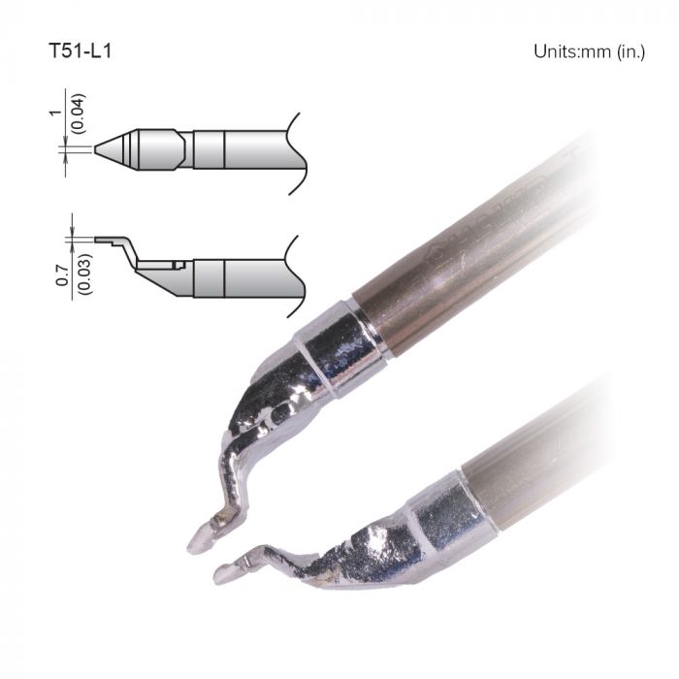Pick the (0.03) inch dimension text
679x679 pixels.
pos(84,278)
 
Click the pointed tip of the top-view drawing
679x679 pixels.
pos(97,149)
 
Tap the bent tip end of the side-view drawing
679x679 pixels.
pos(103,237)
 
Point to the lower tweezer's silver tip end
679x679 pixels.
pos(225,573)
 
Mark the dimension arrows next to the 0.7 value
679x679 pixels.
pos(71,236)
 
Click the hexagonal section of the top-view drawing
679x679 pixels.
pos(160,149)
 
